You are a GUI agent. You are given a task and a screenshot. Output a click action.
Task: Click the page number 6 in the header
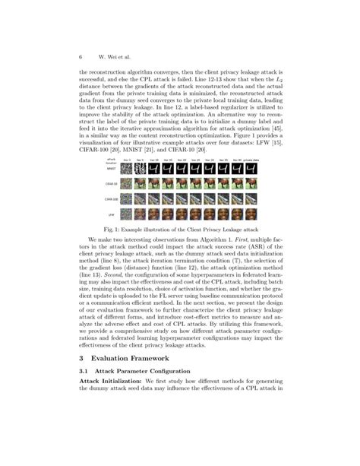[80, 57]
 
